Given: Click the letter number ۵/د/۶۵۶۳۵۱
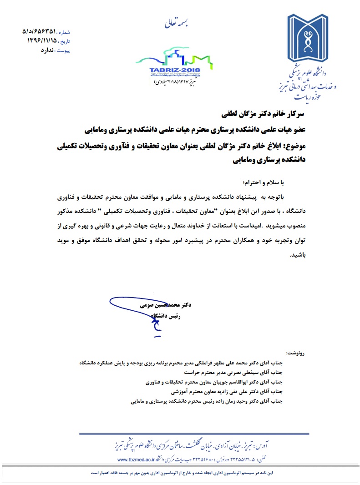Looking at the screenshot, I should pos(39,32).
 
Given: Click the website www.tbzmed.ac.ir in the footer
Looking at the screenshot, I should pos(130,458).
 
